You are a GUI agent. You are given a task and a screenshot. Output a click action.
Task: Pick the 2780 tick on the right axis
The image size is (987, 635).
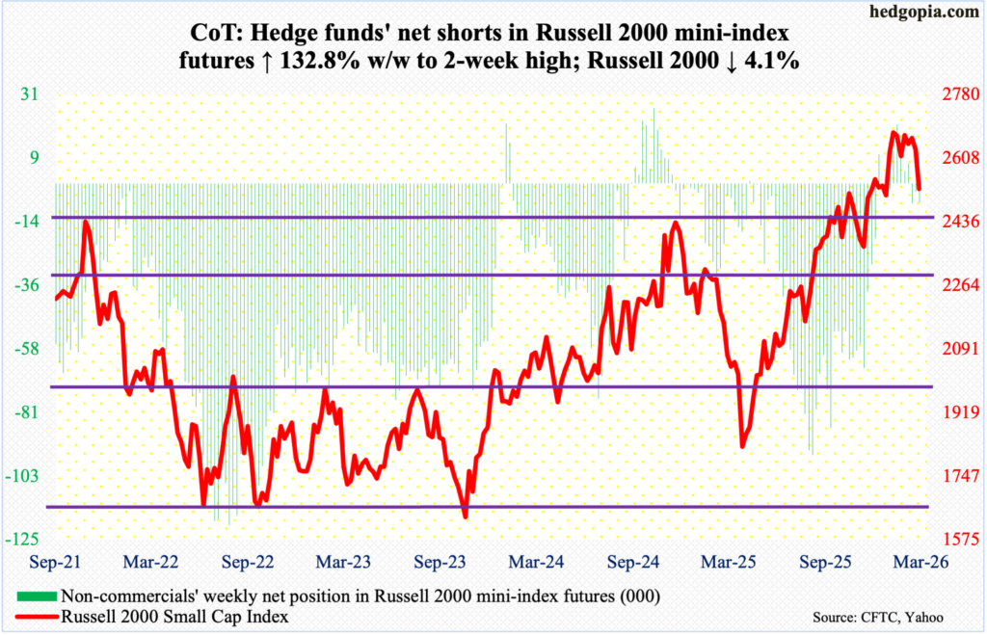tap(947, 93)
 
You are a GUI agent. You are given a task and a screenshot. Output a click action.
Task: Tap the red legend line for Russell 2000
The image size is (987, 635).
tap(36, 614)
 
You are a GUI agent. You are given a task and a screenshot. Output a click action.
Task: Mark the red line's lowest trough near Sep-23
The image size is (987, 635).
tap(466, 516)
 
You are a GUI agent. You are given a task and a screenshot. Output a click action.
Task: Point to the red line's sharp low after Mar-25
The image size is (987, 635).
tap(741, 446)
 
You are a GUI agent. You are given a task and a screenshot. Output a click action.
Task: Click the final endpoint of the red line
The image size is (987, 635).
tap(920, 189)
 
